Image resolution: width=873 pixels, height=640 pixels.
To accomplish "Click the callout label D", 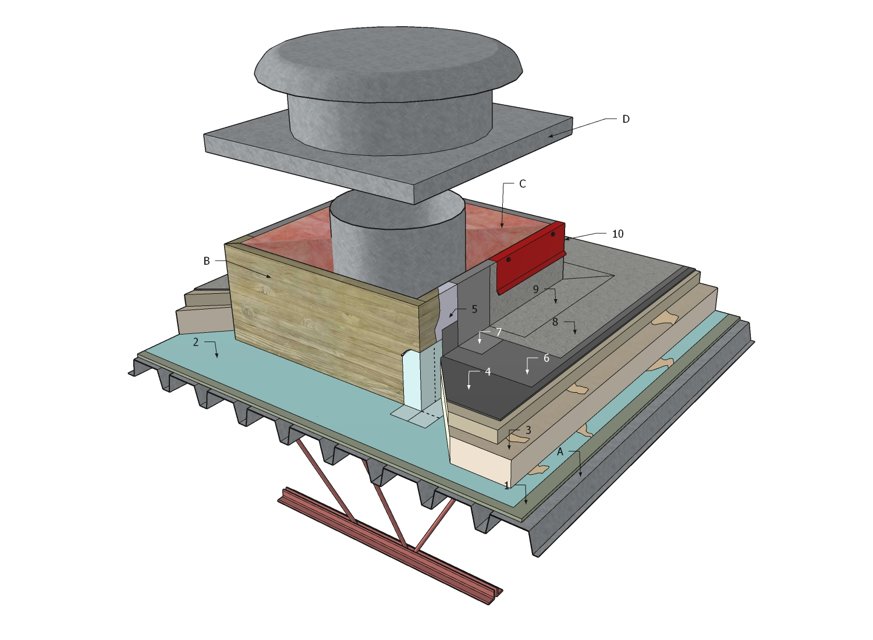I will (x=626, y=119).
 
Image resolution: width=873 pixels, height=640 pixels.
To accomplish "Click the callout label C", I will (x=522, y=184).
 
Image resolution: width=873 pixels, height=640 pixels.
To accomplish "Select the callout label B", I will (x=207, y=261).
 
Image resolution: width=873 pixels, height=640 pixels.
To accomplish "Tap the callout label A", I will (x=560, y=451).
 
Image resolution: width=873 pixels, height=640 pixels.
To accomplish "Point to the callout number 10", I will (x=618, y=234).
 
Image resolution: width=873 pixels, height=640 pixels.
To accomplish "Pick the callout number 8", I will (x=555, y=322).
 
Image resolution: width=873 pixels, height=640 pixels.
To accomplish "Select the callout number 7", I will (x=499, y=333).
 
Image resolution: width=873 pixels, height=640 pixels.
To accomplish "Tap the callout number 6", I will (x=546, y=358).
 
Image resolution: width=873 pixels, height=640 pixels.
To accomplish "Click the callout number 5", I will (x=474, y=310).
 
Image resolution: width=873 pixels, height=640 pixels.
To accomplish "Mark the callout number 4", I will (x=488, y=372).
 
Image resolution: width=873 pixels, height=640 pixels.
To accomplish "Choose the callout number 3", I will (x=528, y=431).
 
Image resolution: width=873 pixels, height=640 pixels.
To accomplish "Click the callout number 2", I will (x=196, y=342).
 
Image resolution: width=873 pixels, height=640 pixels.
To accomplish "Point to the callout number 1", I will (x=507, y=485).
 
